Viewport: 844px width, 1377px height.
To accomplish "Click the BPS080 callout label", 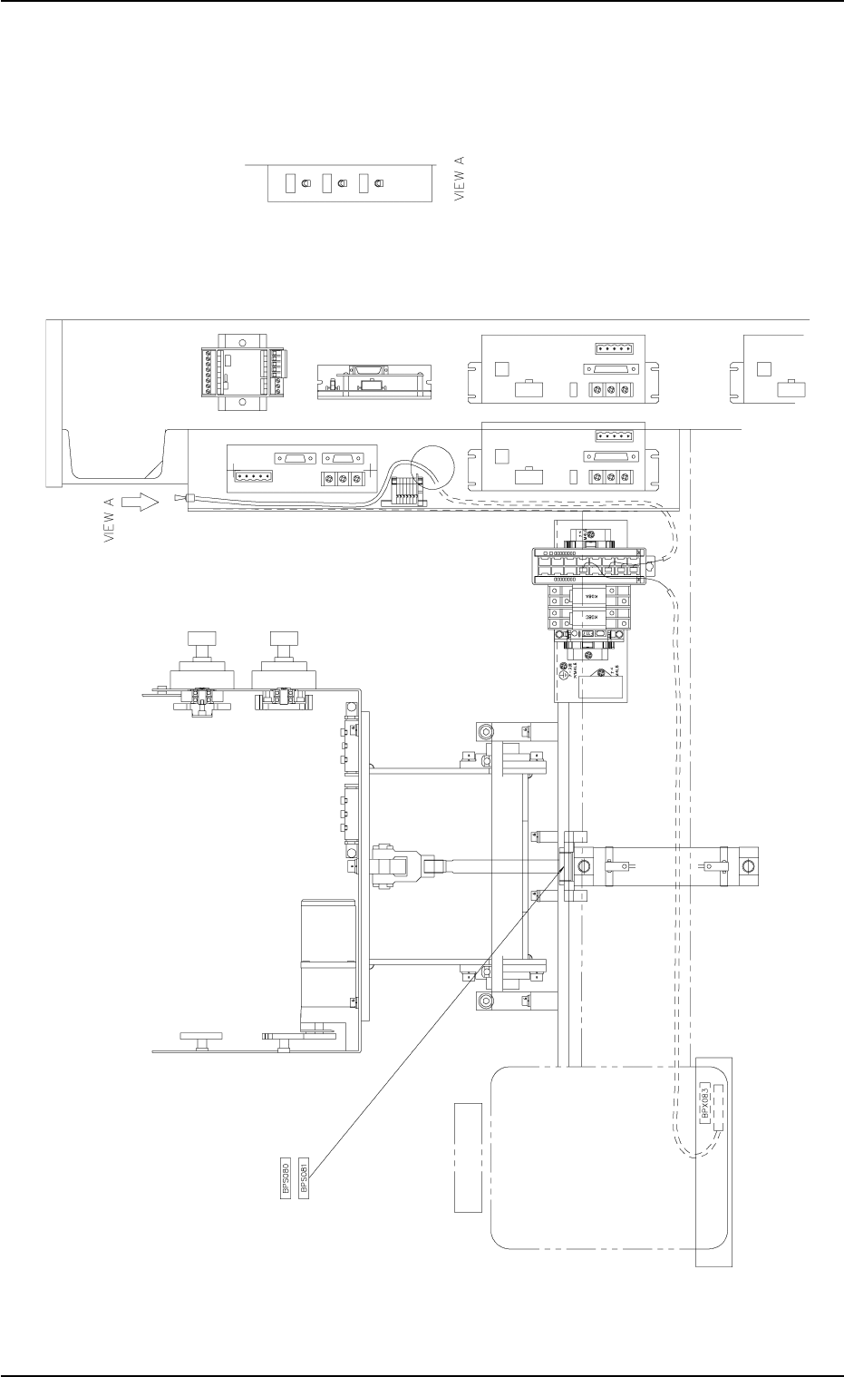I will point(286,1177).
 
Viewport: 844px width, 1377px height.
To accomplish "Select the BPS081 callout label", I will point(304,1177).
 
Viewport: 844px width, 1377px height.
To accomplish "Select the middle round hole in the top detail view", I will point(342,183).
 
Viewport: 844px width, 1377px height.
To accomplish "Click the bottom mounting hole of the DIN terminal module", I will point(242,401).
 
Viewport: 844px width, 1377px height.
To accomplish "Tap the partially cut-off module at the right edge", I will point(773,367).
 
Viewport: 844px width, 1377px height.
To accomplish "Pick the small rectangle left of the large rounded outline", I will point(467,1157).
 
